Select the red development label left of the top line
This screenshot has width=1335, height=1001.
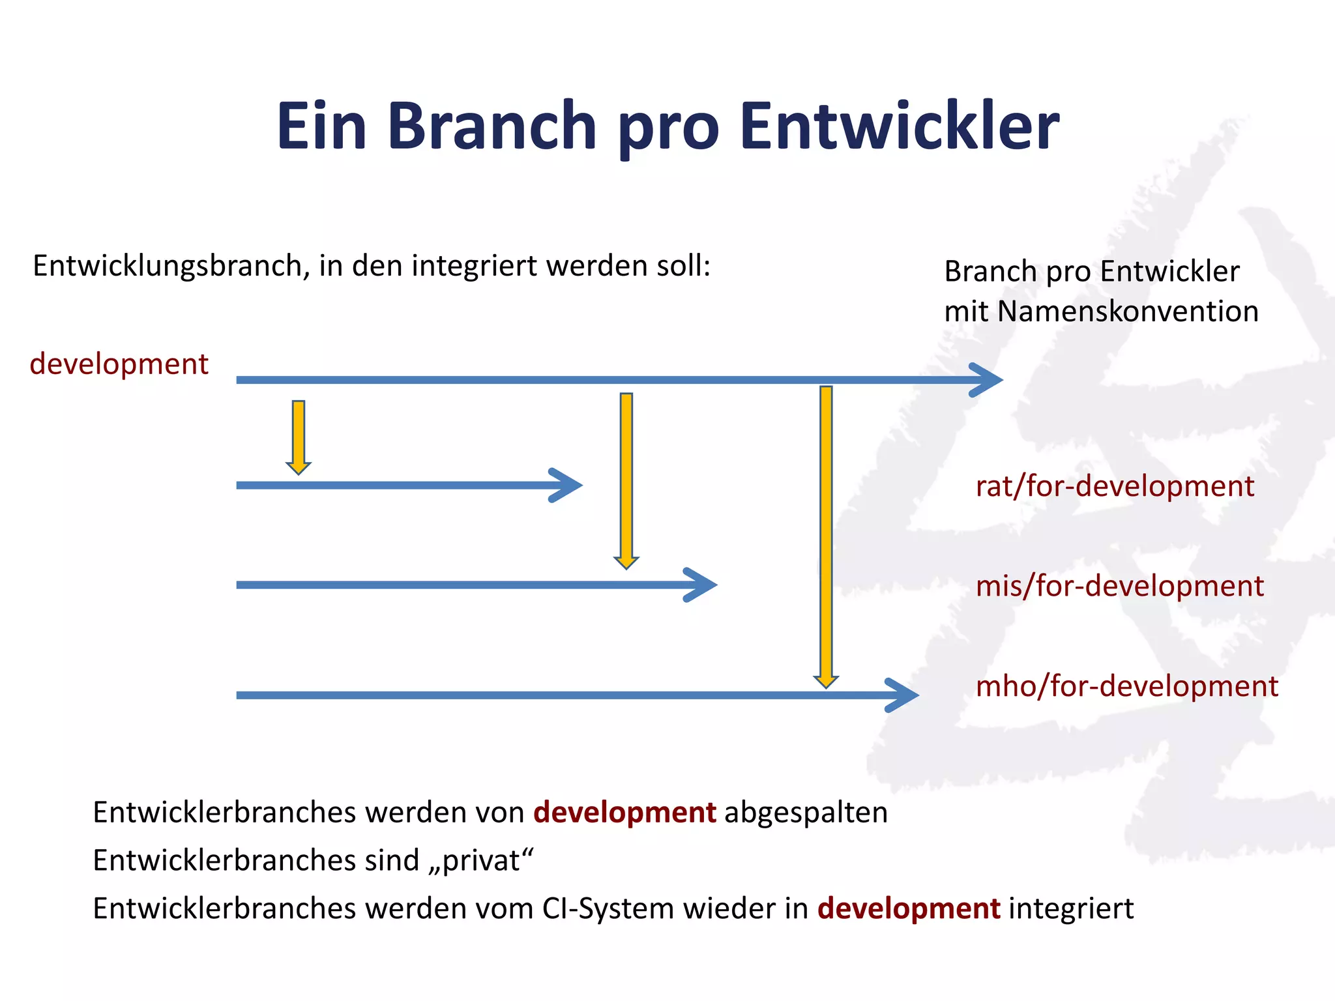(x=119, y=364)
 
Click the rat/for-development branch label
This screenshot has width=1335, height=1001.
(x=1115, y=486)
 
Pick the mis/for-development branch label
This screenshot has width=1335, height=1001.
(x=1119, y=586)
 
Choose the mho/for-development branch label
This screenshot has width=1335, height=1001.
(x=1126, y=686)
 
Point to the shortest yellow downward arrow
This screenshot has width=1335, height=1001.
(x=299, y=435)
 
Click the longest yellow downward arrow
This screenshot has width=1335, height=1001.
(x=826, y=534)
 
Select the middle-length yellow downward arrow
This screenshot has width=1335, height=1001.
(x=626, y=479)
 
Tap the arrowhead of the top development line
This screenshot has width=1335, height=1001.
(x=988, y=380)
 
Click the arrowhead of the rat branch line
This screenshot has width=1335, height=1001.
(x=567, y=486)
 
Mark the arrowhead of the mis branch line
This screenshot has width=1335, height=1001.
(x=703, y=585)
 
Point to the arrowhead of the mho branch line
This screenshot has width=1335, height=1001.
(x=904, y=695)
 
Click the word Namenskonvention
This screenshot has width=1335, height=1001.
(x=1128, y=312)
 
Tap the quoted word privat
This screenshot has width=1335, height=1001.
(x=481, y=861)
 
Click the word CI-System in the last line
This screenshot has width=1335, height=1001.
(x=608, y=908)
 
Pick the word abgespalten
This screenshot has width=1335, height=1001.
(x=806, y=813)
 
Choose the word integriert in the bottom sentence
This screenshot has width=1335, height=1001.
(x=1071, y=908)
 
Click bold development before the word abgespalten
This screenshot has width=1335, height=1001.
(x=624, y=813)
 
